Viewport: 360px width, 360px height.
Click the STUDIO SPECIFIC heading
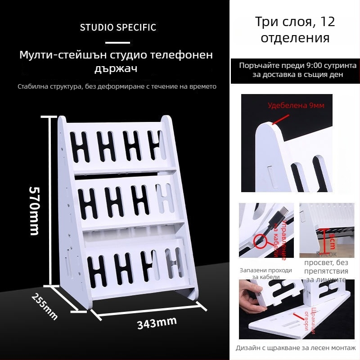click(118, 27)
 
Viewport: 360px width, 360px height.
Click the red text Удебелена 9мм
click(296, 106)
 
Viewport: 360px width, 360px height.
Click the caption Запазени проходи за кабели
click(265, 274)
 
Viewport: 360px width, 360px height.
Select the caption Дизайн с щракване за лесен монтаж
click(296, 348)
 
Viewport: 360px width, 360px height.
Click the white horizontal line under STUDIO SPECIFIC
click(118, 43)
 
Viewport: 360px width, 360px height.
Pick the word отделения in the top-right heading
click(295, 37)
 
